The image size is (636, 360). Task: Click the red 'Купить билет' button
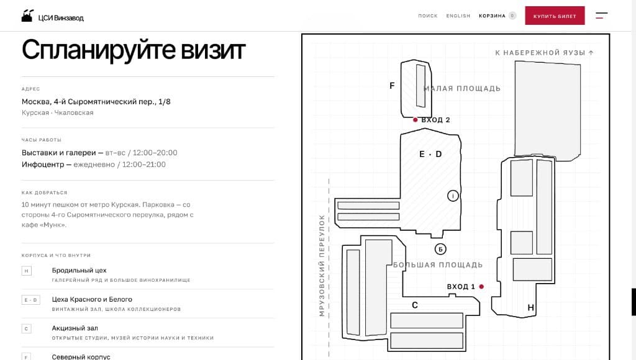(555, 16)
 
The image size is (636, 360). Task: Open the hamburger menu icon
(601, 16)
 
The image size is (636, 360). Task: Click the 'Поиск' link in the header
(428, 16)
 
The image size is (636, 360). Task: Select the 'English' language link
(458, 16)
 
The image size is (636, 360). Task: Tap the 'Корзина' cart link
(492, 16)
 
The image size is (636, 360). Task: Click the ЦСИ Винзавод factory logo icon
(27, 16)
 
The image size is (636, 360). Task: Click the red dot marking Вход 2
(415, 120)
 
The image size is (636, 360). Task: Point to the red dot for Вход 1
(481, 286)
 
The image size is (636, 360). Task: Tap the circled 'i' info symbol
(453, 196)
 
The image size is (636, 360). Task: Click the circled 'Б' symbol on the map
(440, 249)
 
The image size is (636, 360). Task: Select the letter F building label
(392, 86)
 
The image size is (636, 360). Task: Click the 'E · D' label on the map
(430, 154)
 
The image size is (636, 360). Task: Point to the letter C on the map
(414, 305)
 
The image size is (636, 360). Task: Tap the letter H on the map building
(530, 308)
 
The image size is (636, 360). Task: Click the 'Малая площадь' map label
(462, 88)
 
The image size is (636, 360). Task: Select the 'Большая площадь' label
(438, 265)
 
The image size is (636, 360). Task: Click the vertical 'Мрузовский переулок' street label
(322, 266)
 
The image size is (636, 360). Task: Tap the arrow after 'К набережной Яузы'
(591, 52)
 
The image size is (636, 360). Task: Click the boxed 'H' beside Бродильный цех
(26, 271)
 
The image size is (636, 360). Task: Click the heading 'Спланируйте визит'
(134, 50)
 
